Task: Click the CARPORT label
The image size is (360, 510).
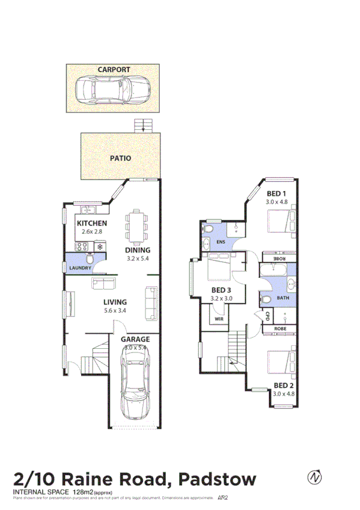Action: coord(114,70)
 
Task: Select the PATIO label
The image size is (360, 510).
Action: coord(120,159)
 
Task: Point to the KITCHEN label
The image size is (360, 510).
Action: coord(92,223)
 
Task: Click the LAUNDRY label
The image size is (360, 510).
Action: coord(80,268)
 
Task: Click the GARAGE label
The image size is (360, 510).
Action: coord(136,339)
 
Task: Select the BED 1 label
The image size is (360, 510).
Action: coord(275,193)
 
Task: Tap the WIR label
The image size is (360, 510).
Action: coord(219,319)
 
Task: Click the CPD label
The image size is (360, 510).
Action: coord(267,316)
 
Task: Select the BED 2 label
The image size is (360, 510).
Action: coord(284,385)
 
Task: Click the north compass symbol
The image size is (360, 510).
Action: coord(314,478)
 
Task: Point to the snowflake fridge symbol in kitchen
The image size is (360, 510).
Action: coord(100,245)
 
